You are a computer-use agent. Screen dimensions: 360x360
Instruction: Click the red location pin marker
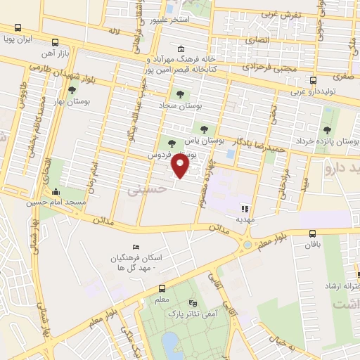181,167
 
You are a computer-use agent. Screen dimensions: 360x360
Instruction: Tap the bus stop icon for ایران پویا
17,27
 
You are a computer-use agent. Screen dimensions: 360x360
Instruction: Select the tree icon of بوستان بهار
72,90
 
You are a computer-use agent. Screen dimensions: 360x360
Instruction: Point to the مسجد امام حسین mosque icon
56,192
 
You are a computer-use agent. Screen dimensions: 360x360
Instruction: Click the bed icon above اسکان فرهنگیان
136,247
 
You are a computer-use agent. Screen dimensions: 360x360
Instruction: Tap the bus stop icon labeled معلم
162,288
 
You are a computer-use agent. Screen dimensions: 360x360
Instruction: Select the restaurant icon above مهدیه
245,208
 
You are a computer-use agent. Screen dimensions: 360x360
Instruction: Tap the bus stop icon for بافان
312,233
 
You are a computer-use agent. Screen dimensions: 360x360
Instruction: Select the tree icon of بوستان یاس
204,129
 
